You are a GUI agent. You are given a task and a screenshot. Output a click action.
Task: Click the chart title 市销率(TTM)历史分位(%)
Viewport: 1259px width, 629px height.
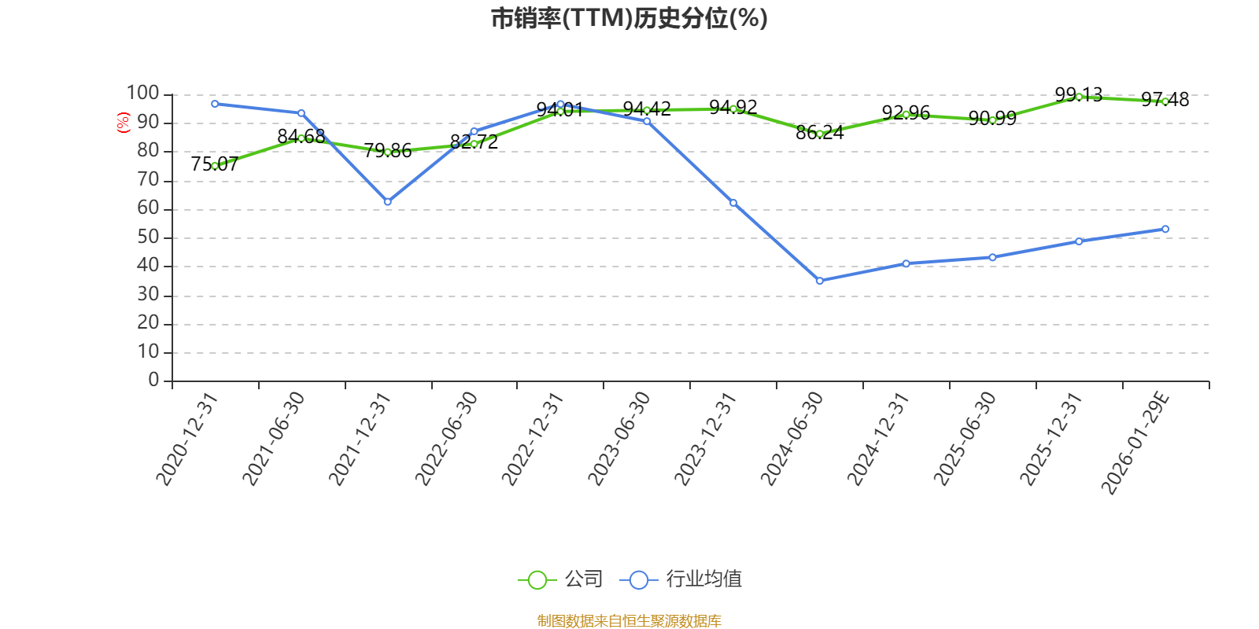pos(629,18)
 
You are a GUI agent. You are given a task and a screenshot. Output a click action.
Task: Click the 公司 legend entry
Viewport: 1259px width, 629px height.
pos(561,579)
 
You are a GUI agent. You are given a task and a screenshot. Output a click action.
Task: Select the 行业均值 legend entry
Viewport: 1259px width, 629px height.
pos(681,579)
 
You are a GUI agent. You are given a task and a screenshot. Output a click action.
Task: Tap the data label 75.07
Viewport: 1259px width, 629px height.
pos(214,164)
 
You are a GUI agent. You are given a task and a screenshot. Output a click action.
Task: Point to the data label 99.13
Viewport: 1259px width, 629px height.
pos(1078,95)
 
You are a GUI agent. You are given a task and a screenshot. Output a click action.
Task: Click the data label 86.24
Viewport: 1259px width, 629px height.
pos(819,133)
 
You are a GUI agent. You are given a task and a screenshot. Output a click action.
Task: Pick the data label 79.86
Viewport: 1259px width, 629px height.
pos(387,151)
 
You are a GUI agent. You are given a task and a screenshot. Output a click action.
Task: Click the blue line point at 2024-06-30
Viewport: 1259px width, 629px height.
pos(819,281)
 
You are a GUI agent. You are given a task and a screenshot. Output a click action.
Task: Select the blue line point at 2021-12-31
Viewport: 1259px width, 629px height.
pos(387,202)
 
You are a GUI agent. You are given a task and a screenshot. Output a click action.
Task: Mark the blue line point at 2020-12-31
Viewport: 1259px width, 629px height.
pos(215,104)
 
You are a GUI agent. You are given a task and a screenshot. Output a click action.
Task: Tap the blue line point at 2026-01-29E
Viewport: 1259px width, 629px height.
pos(1165,229)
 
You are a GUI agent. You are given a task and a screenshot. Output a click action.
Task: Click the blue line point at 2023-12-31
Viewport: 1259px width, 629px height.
pos(733,203)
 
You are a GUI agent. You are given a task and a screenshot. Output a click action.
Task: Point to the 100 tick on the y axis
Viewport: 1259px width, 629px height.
pos(143,94)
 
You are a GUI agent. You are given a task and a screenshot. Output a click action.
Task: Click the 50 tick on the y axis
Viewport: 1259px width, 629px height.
pos(148,237)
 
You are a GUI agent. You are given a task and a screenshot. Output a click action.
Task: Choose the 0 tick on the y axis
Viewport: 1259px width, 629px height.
pos(153,381)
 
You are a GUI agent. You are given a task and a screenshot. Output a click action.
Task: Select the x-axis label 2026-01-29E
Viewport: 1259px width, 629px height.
pos(1135,443)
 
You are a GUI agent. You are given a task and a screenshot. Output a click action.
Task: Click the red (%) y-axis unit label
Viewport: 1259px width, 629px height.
pos(123,122)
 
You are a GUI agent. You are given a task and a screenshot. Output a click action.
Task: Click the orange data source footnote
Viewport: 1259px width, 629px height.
pos(629,621)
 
